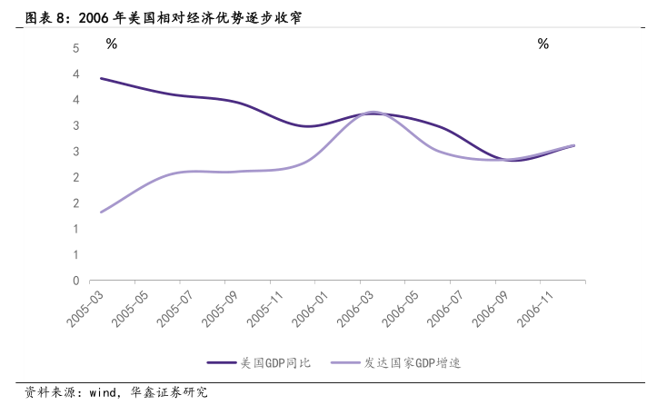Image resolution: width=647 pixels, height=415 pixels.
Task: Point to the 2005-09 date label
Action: click(x=219, y=306)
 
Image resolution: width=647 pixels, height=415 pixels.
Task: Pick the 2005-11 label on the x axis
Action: click(x=264, y=306)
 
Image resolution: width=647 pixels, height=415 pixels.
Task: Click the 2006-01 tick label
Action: click(x=310, y=306)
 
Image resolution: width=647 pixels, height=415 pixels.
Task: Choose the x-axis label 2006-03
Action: click(x=355, y=306)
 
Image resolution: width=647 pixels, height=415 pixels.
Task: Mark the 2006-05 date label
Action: click(x=401, y=306)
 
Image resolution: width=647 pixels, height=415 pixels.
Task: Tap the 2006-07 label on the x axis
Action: click(x=446, y=306)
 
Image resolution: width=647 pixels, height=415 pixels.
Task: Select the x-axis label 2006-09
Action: click(x=492, y=306)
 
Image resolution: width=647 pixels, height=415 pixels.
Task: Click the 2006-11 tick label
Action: click(x=537, y=306)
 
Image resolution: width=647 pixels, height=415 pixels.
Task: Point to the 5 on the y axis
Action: click(x=75, y=48)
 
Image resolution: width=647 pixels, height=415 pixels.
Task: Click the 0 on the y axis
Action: click(x=75, y=281)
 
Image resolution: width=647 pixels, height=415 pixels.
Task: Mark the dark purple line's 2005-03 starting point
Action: click(x=101, y=78)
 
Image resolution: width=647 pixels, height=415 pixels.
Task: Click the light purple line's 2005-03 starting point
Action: click(x=101, y=212)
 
